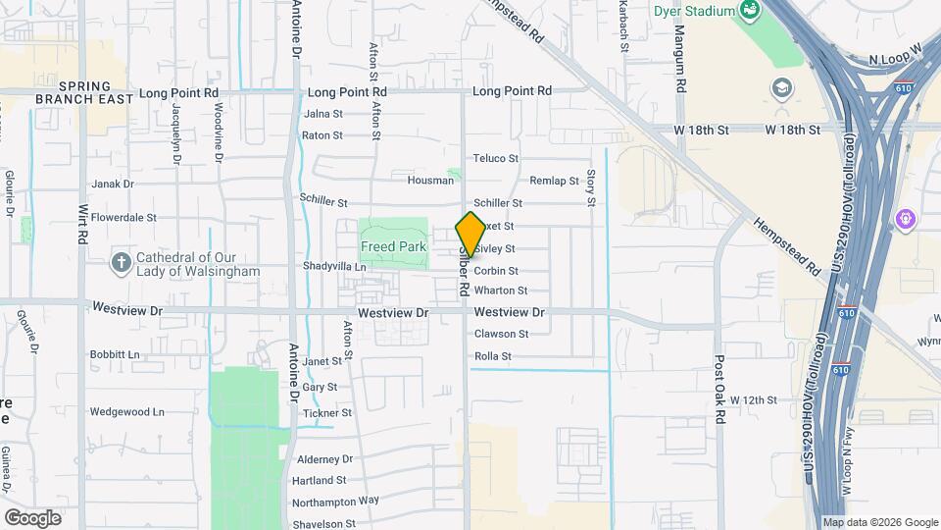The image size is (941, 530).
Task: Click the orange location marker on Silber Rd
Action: click(x=470, y=234)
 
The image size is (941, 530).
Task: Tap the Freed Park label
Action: click(x=393, y=247)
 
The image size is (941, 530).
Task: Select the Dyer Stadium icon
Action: click(x=751, y=11)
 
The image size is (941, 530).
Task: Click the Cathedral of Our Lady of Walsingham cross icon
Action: click(x=121, y=262)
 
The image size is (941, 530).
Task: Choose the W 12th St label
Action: click(x=753, y=400)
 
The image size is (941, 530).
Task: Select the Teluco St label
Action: click(x=495, y=158)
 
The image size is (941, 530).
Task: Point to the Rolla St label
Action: click(x=493, y=356)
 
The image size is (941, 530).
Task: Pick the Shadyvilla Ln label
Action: click(x=334, y=267)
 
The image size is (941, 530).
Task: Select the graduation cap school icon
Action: click(x=782, y=87)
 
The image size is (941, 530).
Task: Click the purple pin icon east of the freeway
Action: click(x=904, y=217)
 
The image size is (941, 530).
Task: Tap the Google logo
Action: click(x=32, y=518)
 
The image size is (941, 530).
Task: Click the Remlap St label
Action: click(x=555, y=182)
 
